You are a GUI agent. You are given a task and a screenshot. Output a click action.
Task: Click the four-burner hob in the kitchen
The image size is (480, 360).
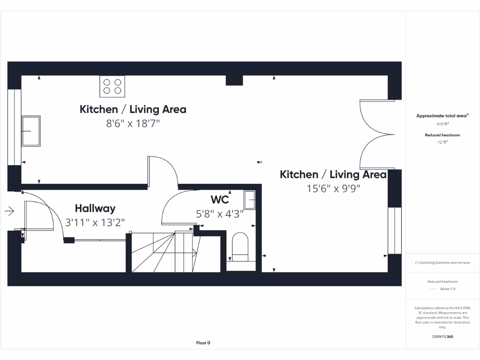point(112,86)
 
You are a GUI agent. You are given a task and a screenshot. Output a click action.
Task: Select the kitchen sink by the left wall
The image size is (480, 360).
point(31,131)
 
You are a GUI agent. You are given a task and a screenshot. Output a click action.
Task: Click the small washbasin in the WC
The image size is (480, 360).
point(249,200)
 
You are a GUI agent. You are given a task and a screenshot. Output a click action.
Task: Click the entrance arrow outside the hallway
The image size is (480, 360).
point(9,211)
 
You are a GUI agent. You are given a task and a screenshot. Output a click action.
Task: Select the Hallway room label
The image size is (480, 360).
point(95,208)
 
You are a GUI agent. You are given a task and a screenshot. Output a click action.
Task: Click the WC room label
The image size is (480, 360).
point(219,200)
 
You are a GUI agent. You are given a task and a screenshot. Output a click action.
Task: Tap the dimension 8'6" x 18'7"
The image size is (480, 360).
point(133,124)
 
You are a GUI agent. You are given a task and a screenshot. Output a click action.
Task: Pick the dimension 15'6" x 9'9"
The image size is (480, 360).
point(333,189)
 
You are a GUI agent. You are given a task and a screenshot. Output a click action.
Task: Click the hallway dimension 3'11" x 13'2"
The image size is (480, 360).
point(95,222)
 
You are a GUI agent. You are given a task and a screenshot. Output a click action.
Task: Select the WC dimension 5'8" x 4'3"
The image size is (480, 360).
point(219,214)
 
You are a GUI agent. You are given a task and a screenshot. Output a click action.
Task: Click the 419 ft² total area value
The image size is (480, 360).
point(442,125)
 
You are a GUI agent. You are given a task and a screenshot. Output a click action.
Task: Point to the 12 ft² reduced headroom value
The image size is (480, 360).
point(442,142)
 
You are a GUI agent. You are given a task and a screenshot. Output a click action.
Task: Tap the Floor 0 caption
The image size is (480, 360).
point(203,343)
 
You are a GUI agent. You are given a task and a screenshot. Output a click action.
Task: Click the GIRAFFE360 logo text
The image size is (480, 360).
point(442,337)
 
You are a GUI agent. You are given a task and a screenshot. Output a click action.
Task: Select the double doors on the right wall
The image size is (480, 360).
point(375,134)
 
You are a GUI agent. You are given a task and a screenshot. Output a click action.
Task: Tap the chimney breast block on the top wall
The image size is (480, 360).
point(234,80)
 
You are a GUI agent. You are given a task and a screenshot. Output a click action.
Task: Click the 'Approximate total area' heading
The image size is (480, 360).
point(442,116)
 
